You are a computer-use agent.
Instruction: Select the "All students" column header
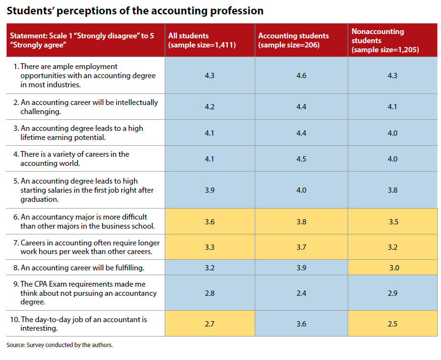point(202,40)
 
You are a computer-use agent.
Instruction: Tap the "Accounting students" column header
point(294,40)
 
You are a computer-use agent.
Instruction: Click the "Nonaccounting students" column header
point(385,40)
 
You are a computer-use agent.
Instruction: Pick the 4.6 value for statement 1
point(301,76)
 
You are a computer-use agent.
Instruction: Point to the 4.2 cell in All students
point(209,107)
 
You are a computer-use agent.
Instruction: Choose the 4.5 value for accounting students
point(301,159)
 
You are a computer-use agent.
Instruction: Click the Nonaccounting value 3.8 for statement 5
point(392,190)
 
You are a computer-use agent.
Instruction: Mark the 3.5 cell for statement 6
point(392,221)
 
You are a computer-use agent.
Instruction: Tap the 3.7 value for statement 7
point(301,247)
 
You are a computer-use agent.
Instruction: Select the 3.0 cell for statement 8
point(394,268)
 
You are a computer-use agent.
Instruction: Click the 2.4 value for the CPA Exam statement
point(301,293)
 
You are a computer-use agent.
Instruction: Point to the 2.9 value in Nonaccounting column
point(392,293)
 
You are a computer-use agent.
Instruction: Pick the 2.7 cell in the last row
point(209,324)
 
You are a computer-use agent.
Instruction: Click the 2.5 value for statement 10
point(392,324)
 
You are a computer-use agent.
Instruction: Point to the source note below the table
point(59,345)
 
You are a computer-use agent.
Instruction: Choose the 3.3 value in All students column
point(209,247)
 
